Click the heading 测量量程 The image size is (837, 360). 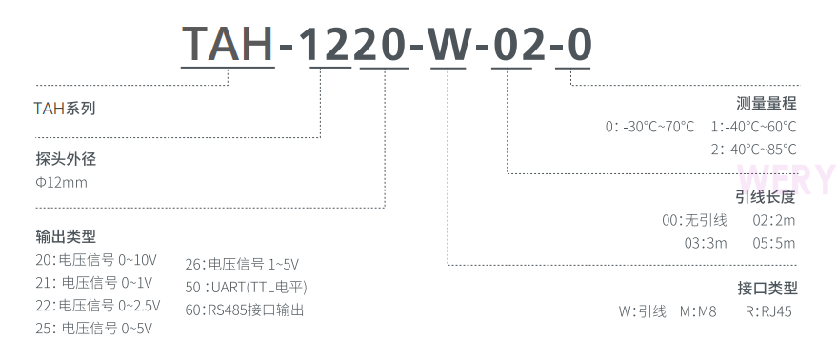766,104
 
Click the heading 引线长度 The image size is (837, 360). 766,197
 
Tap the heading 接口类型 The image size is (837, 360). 766,288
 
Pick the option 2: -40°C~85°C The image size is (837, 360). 753,150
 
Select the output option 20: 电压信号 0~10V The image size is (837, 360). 95,259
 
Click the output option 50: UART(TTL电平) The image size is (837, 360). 247,287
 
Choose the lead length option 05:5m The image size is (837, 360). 773,243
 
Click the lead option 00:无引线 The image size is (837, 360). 694,220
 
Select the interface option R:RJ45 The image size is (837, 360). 768,310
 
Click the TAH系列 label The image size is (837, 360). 65,109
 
